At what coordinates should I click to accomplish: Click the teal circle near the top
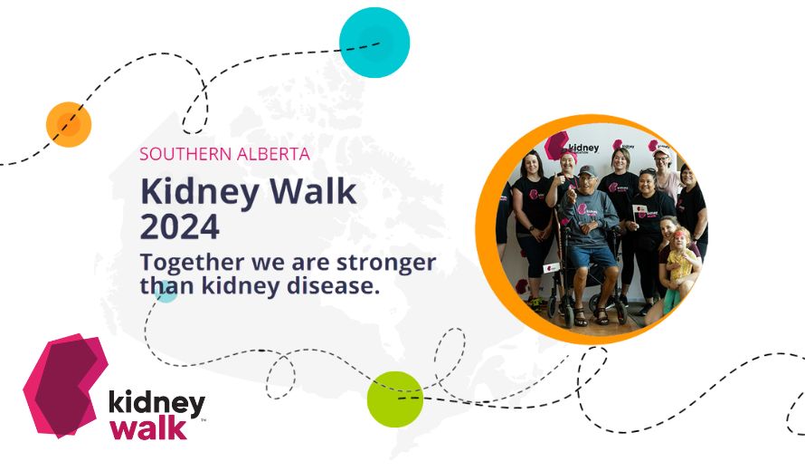click(x=374, y=43)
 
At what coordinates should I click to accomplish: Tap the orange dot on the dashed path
click(x=69, y=124)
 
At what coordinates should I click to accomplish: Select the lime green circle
click(x=395, y=399)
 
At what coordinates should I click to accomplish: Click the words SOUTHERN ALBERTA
click(x=225, y=154)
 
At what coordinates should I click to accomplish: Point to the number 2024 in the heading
click(x=180, y=226)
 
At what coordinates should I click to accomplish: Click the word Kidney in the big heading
click(x=200, y=193)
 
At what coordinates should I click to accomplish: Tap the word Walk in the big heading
click(x=313, y=191)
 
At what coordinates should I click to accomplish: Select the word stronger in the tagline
click(x=386, y=263)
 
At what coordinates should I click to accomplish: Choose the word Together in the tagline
click(x=192, y=263)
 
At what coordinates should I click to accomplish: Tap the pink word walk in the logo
click(x=148, y=428)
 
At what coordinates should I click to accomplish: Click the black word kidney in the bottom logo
click(x=156, y=403)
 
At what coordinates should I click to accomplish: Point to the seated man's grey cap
click(x=587, y=170)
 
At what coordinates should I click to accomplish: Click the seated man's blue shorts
click(x=593, y=256)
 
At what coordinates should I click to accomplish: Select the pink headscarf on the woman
click(x=568, y=155)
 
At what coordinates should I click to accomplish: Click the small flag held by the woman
click(x=639, y=210)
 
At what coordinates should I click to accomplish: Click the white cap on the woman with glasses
click(x=661, y=151)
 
